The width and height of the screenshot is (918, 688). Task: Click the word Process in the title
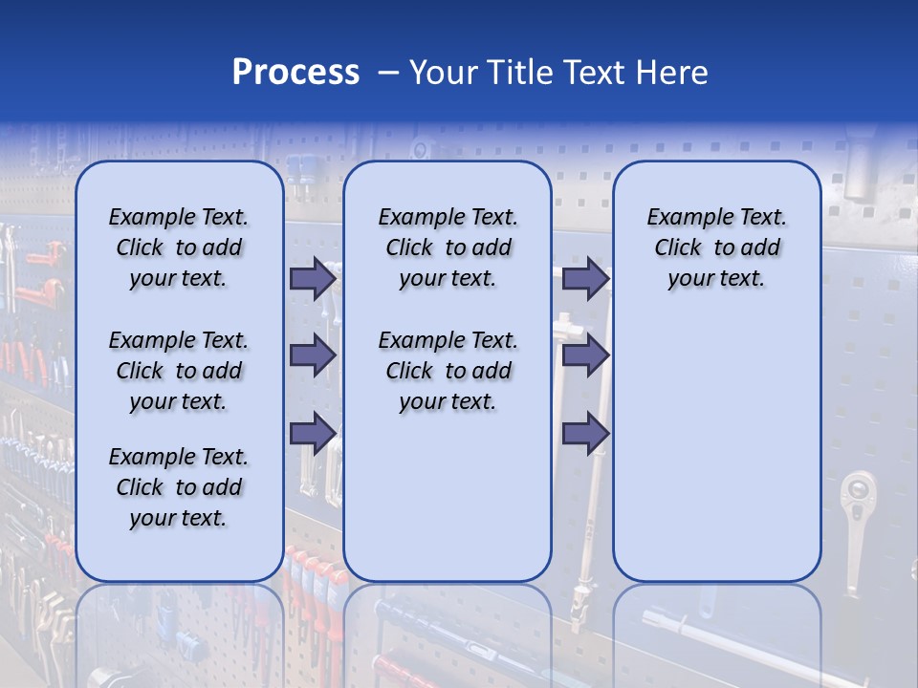click(x=295, y=73)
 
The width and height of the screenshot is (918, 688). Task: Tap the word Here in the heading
click(x=673, y=73)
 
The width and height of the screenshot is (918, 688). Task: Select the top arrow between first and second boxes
click(x=313, y=279)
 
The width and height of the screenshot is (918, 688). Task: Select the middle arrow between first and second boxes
click(x=313, y=356)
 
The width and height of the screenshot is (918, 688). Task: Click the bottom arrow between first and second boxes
click(x=313, y=434)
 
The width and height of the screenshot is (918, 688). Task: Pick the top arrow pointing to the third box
click(x=585, y=279)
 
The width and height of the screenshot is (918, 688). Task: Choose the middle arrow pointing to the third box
click(x=585, y=356)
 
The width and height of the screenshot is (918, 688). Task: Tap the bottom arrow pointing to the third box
click(x=585, y=434)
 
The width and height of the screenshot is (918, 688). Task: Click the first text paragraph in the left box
click(x=179, y=247)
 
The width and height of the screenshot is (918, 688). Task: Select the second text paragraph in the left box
click(x=179, y=371)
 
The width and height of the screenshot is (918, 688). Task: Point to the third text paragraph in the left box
click(x=179, y=487)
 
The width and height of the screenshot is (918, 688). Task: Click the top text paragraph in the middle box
click(x=448, y=247)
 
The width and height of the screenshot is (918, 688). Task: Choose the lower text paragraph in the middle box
click(x=448, y=371)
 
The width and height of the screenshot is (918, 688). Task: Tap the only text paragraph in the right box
click(x=716, y=247)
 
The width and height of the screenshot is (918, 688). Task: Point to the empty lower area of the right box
click(x=716, y=449)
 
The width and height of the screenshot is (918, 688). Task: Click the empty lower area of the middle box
click(x=448, y=497)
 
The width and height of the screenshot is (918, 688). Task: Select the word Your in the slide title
click(x=445, y=73)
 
